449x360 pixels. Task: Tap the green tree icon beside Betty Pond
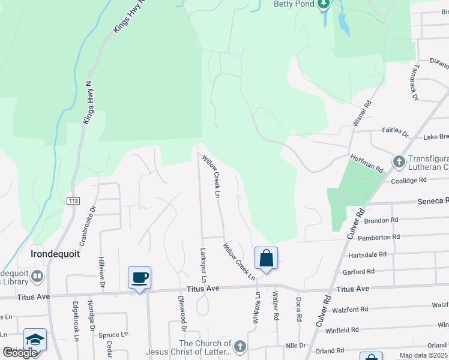[324, 4]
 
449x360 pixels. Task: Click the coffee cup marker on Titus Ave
[139, 278]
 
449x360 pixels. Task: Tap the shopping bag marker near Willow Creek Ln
[266, 258]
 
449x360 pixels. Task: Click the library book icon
[37, 277]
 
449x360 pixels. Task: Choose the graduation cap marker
[35, 339]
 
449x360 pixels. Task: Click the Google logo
[20, 353]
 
